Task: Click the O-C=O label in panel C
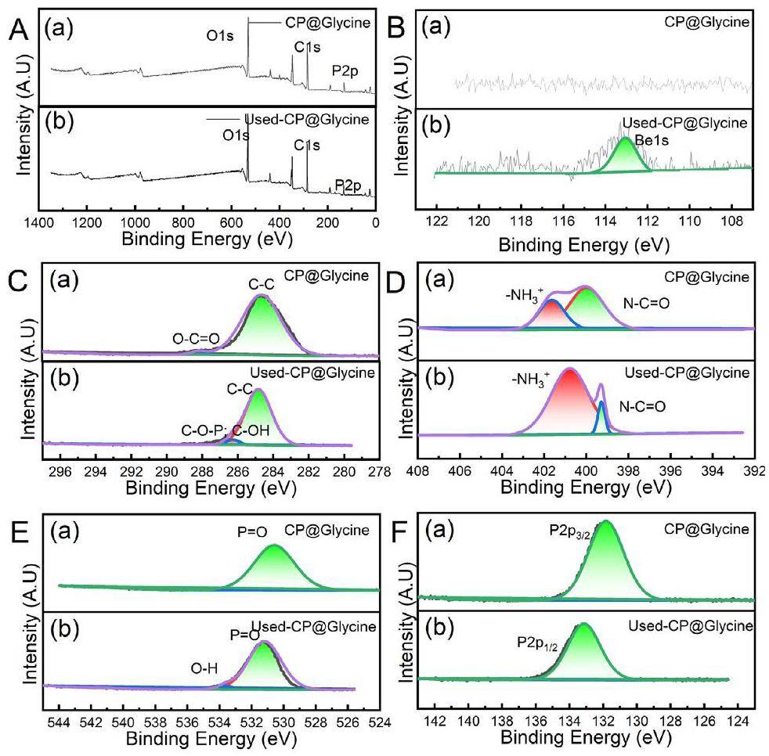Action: [196, 338]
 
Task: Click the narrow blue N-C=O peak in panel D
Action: [601, 415]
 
